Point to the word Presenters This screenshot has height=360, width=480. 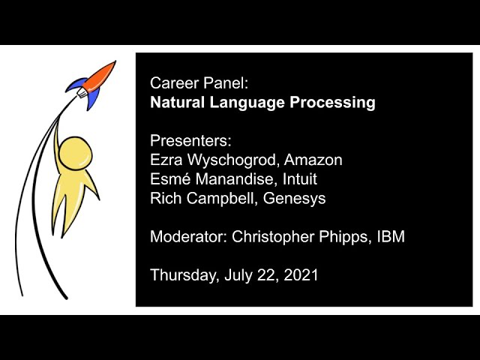point(191,141)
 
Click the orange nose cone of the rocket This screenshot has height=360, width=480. point(105,72)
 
